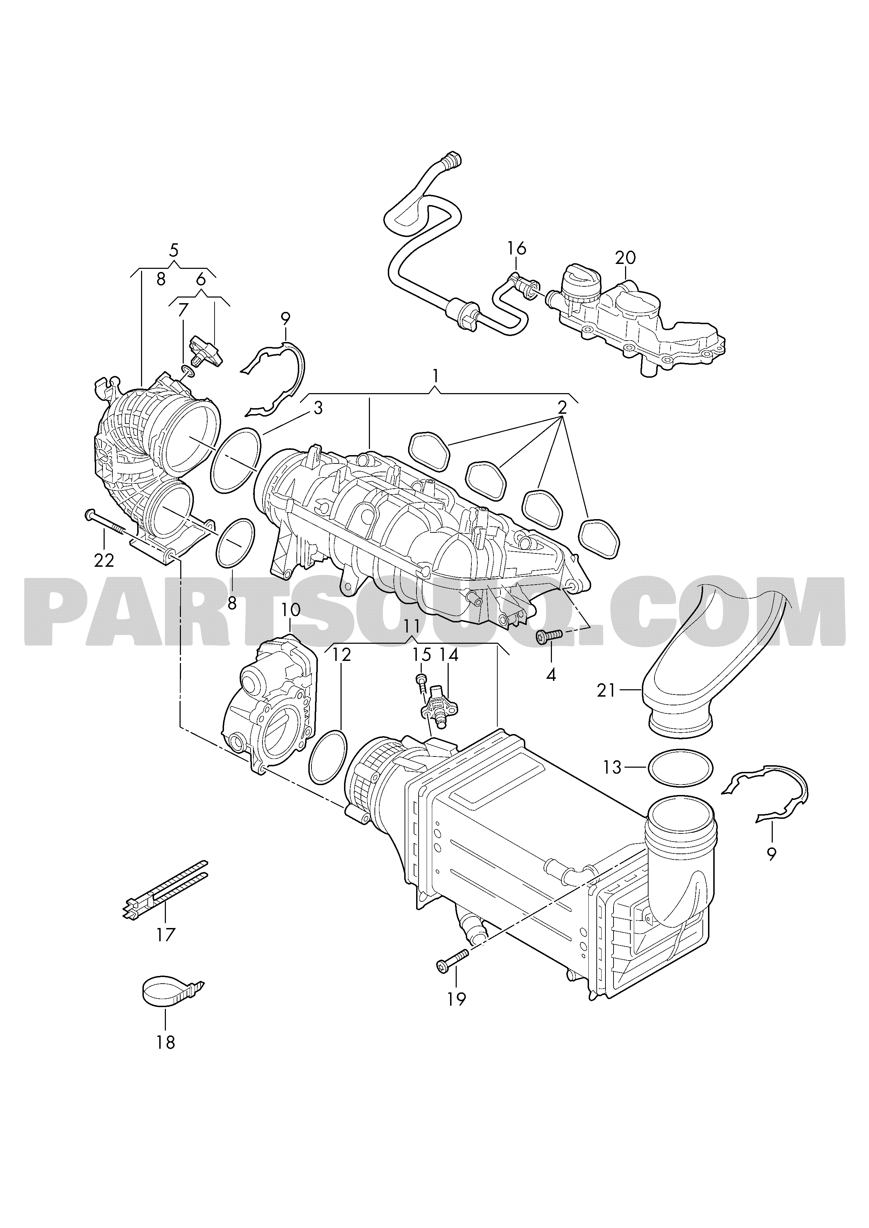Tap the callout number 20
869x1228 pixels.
pyautogui.click(x=625, y=258)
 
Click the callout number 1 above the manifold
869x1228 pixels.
pyautogui.click(x=436, y=376)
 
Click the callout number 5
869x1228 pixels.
pyautogui.click(x=173, y=250)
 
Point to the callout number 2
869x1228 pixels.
pyautogui.click(x=562, y=408)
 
